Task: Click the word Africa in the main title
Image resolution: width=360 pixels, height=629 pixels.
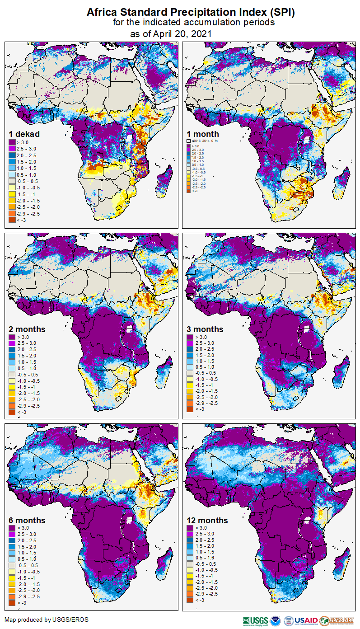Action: pyautogui.click(x=105, y=13)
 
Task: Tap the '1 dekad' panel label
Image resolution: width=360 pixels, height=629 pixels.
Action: pyautogui.click(x=24, y=134)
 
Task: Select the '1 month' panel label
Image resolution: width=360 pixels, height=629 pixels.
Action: pyautogui.click(x=203, y=134)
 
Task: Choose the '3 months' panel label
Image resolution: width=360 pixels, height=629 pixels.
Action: pyautogui.click(x=205, y=329)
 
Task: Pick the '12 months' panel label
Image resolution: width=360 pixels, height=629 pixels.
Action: pyautogui.click(x=207, y=521)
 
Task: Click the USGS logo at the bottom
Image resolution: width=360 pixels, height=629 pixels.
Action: pyautogui.click(x=255, y=620)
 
